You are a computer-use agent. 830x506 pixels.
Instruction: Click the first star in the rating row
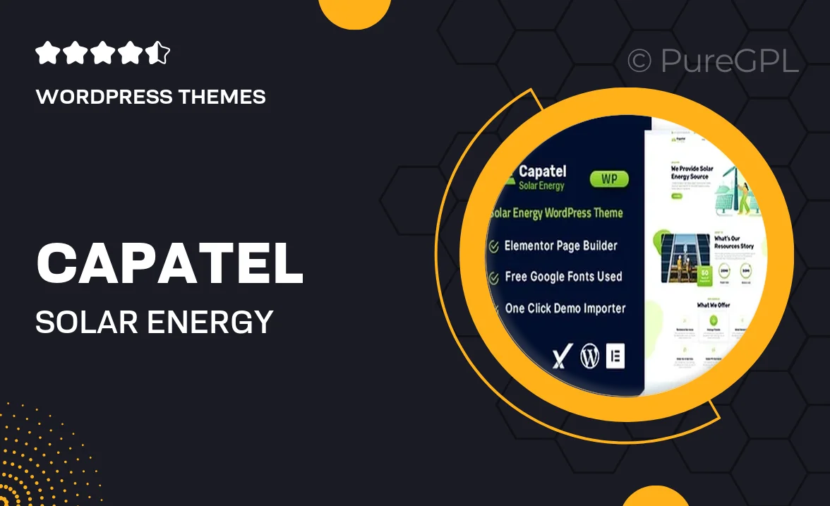pos(47,53)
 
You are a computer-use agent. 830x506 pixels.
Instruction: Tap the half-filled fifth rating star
pos(159,53)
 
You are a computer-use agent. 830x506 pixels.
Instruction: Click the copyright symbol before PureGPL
pos(639,61)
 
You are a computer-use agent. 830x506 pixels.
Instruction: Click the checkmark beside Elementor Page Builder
pos(494,246)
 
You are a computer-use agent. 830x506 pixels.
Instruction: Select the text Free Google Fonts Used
pos(563,277)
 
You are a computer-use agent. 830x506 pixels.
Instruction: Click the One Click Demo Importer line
pos(565,308)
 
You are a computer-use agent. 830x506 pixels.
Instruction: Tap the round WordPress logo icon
pos(589,356)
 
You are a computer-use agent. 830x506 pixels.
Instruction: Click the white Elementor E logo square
pos(615,356)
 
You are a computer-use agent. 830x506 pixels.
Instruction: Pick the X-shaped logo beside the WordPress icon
pos(560,357)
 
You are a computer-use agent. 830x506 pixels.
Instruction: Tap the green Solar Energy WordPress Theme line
pos(556,213)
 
